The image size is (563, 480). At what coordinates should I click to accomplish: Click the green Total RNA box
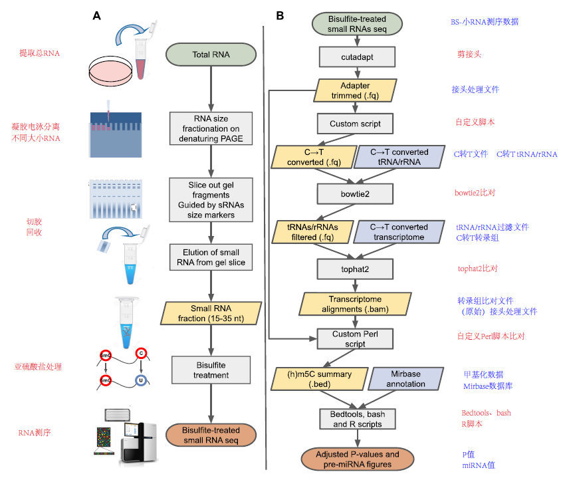tap(211, 55)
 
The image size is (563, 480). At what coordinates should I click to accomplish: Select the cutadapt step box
tap(357, 57)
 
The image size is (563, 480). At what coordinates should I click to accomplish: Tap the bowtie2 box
tap(356, 193)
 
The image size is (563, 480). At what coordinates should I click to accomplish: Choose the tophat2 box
tap(356, 269)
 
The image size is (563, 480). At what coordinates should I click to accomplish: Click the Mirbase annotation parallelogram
tap(405, 379)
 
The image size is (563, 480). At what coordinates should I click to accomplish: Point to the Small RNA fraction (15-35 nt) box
tap(211, 312)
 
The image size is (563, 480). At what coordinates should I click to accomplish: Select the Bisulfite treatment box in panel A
tap(211, 370)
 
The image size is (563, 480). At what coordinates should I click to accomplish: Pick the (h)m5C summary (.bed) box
tap(320, 379)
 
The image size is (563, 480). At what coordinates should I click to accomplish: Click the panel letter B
tap(280, 15)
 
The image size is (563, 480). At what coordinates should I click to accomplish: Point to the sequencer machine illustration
tap(136, 433)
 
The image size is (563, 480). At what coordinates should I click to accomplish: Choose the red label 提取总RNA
tap(39, 53)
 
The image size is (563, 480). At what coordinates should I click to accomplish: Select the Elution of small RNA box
tap(211, 257)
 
